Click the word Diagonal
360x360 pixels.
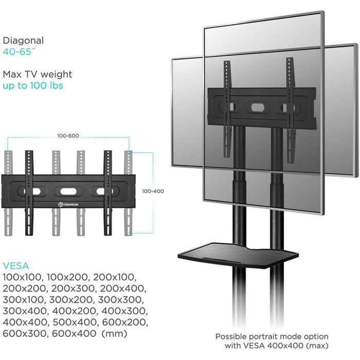pos(23,41)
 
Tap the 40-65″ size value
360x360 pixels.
pos(20,52)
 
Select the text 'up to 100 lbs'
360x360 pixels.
pos(33,86)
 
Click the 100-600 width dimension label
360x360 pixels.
pos(68,136)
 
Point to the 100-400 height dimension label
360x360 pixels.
pos(153,191)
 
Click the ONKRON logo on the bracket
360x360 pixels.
pos(68,204)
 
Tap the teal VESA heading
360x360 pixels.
pos(16,266)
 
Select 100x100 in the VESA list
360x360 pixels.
pos(22,277)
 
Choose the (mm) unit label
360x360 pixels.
pos(114,334)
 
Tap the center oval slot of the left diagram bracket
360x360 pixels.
pos(68,191)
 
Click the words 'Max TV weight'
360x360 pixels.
pos(38,75)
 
